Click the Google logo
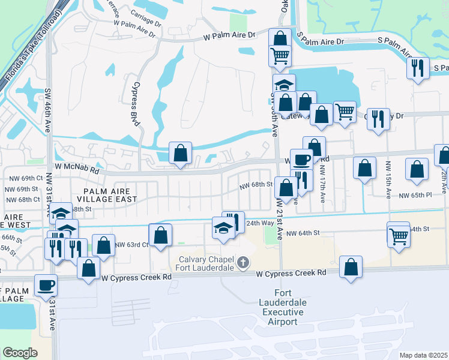click(x=20, y=352)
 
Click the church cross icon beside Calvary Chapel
click(x=243, y=262)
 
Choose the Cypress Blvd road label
click(x=136, y=104)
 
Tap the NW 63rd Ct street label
click(x=131, y=245)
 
